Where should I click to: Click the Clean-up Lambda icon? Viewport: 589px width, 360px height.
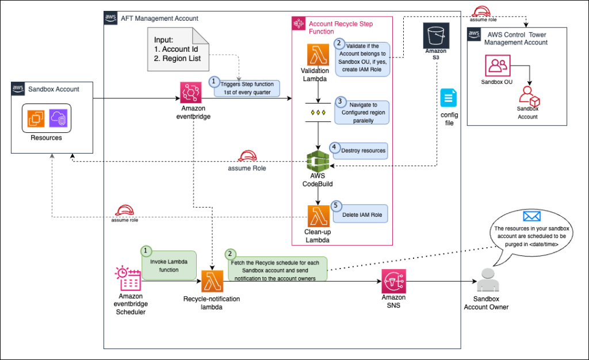(x=318, y=216)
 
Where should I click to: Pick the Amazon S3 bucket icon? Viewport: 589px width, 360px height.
(x=435, y=36)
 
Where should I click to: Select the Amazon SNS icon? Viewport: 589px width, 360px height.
(x=394, y=282)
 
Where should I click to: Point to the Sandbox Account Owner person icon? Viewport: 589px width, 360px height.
(x=486, y=281)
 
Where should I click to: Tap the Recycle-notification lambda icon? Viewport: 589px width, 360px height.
(x=211, y=282)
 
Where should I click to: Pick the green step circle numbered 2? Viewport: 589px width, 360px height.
(x=231, y=254)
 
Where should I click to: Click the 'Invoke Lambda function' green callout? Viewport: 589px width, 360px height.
(x=168, y=265)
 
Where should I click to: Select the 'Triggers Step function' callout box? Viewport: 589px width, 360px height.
(x=246, y=88)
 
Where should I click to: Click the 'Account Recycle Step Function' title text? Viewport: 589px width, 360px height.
(x=341, y=28)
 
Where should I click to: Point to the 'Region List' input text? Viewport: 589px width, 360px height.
(x=178, y=59)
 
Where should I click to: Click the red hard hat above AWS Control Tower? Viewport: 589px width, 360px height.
(x=480, y=10)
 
